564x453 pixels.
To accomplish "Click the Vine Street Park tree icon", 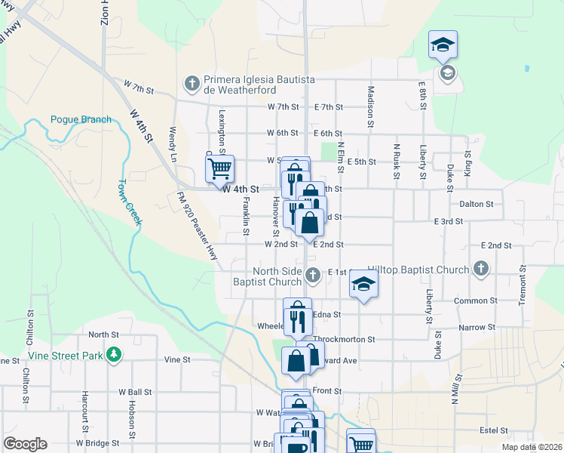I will tap(113, 354).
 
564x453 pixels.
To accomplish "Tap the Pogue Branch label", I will tap(81, 119).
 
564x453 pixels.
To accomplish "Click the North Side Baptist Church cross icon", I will tap(314, 276).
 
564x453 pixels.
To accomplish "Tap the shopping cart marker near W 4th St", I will tap(219, 168).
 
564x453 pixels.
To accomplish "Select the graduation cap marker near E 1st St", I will tap(363, 284).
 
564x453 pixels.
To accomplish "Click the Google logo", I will tap(25, 443).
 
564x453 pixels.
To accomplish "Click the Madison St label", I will tap(371, 105).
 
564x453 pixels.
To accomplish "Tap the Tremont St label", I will tap(522, 285).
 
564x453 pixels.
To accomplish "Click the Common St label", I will tap(474, 300).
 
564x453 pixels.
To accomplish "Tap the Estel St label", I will tap(493, 430).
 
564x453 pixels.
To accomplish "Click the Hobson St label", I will tap(131, 418).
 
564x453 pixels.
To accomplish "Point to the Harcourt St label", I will tap(85, 417).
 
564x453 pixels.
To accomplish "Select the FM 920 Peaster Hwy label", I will tap(198, 226).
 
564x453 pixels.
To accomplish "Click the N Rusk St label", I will tap(396, 161).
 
